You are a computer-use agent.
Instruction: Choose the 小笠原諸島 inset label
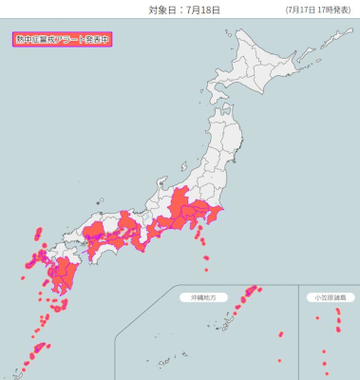(327, 297)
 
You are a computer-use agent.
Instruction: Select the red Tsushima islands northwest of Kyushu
(38, 236)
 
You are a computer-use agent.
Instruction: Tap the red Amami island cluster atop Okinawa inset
(251, 290)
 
